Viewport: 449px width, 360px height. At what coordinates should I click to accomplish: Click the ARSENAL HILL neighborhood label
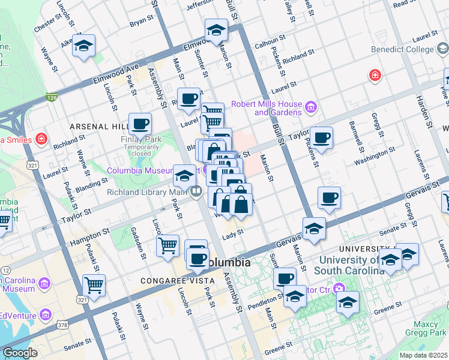coord(98,127)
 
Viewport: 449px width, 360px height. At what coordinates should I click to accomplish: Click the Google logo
coord(20,352)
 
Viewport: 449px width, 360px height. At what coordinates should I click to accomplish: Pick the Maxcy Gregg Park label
coord(427,329)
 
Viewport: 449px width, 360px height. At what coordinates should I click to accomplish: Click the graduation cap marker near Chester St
coord(84,46)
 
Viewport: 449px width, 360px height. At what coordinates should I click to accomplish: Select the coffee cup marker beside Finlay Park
coord(140,124)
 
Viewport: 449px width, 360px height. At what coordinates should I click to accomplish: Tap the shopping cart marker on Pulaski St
coord(94,285)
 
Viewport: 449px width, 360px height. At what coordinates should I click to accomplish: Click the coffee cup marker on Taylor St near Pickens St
coord(321,137)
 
